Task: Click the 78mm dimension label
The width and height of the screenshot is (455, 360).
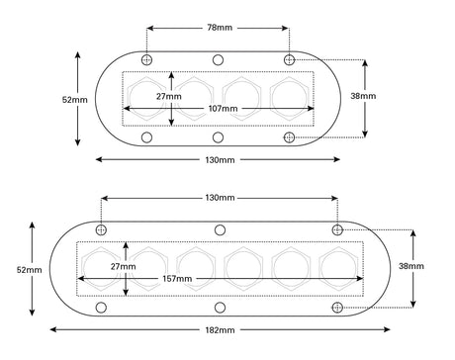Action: pos(220,28)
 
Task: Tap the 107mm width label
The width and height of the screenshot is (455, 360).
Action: pos(223,108)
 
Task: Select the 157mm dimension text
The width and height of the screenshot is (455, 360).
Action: pos(177,279)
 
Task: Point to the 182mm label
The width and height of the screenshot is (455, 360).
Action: pos(220,330)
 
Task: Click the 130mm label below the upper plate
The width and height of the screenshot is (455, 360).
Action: pos(220,160)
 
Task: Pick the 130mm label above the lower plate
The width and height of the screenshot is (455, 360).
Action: pos(220,198)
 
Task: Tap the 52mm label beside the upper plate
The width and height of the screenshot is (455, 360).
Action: pos(75,100)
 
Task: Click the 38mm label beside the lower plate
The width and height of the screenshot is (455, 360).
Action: pos(411,266)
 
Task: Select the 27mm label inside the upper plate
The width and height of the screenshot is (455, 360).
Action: pos(169,96)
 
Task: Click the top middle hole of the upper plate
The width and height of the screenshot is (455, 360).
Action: pos(218,60)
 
